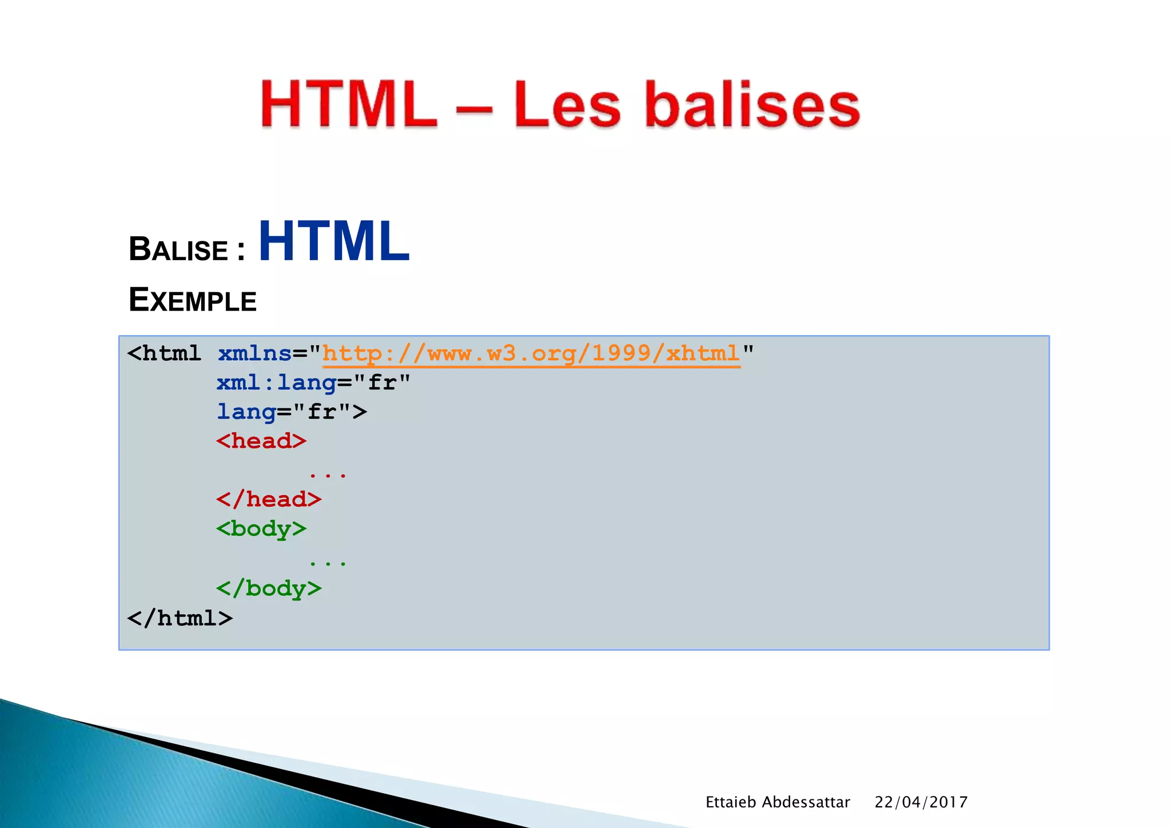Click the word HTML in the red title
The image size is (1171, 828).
(x=349, y=105)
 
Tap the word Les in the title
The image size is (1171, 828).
(x=567, y=105)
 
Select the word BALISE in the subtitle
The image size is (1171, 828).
(x=178, y=250)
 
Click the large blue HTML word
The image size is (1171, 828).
(x=334, y=242)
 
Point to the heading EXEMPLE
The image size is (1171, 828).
(x=193, y=300)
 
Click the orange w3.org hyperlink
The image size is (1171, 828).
(x=531, y=353)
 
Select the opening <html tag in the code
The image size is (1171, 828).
(x=164, y=353)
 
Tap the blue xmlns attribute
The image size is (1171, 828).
(x=254, y=353)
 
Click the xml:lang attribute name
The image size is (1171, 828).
(x=276, y=383)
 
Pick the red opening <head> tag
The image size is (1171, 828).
(x=261, y=441)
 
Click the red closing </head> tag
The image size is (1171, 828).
(x=269, y=500)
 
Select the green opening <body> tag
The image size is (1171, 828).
(x=261, y=529)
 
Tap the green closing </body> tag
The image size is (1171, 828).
(x=269, y=588)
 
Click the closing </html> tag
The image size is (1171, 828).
(x=180, y=618)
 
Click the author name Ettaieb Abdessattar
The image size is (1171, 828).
(x=778, y=802)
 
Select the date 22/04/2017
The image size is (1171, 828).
(x=921, y=802)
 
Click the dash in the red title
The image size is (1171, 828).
(x=474, y=109)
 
